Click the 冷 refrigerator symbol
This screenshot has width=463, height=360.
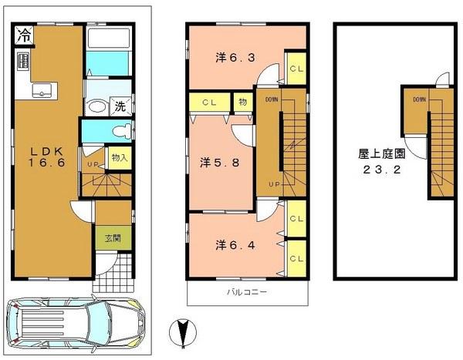point(25,35)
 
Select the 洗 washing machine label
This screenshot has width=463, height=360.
point(120,107)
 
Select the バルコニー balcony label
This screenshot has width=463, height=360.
point(246,293)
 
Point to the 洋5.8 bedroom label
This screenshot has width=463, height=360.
point(212,162)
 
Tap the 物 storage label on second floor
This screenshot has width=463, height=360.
point(242,101)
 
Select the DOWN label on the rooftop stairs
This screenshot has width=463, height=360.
point(419,99)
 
